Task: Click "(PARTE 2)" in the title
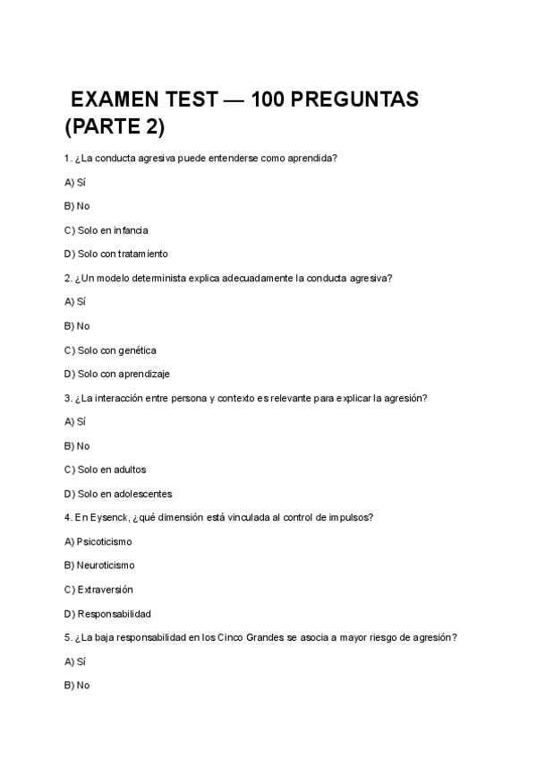pos(115,127)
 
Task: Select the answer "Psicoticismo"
pos(104,541)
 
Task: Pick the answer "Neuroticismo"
pos(106,566)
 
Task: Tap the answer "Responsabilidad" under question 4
pos(114,614)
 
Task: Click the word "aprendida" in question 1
pos(311,159)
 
